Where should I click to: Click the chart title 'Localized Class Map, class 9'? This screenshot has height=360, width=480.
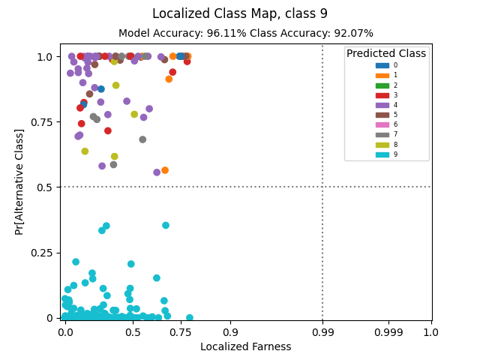point(240,13)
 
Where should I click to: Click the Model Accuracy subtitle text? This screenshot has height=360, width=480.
point(246,33)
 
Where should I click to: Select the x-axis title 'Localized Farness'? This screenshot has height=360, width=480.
point(245,346)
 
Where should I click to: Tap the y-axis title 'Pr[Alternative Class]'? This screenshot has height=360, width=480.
point(19,181)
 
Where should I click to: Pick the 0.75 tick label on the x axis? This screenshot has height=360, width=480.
point(180,332)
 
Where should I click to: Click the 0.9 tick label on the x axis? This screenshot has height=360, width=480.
point(230,332)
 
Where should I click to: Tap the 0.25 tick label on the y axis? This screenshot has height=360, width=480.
point(42,253)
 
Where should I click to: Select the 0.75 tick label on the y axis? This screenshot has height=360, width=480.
point(42,122)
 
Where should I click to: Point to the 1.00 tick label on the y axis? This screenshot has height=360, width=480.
point(42,57)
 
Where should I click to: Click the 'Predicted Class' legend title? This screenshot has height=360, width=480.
point(386,54)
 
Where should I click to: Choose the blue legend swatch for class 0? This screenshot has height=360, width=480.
point(382,65)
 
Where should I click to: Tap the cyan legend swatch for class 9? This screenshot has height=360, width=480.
point(382,154)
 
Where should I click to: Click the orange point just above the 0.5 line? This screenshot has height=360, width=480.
point(165,170)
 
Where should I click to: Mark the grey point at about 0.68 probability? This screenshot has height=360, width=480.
point(142,139)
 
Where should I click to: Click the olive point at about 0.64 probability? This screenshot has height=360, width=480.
point(85,151)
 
